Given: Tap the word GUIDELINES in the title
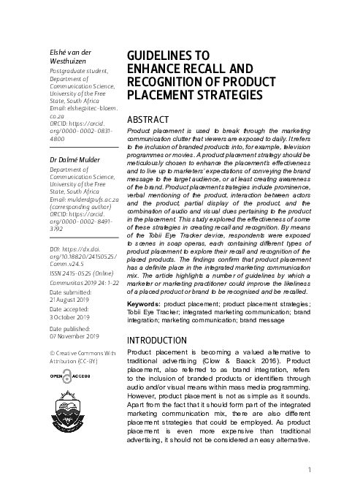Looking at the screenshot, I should (158, 56).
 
